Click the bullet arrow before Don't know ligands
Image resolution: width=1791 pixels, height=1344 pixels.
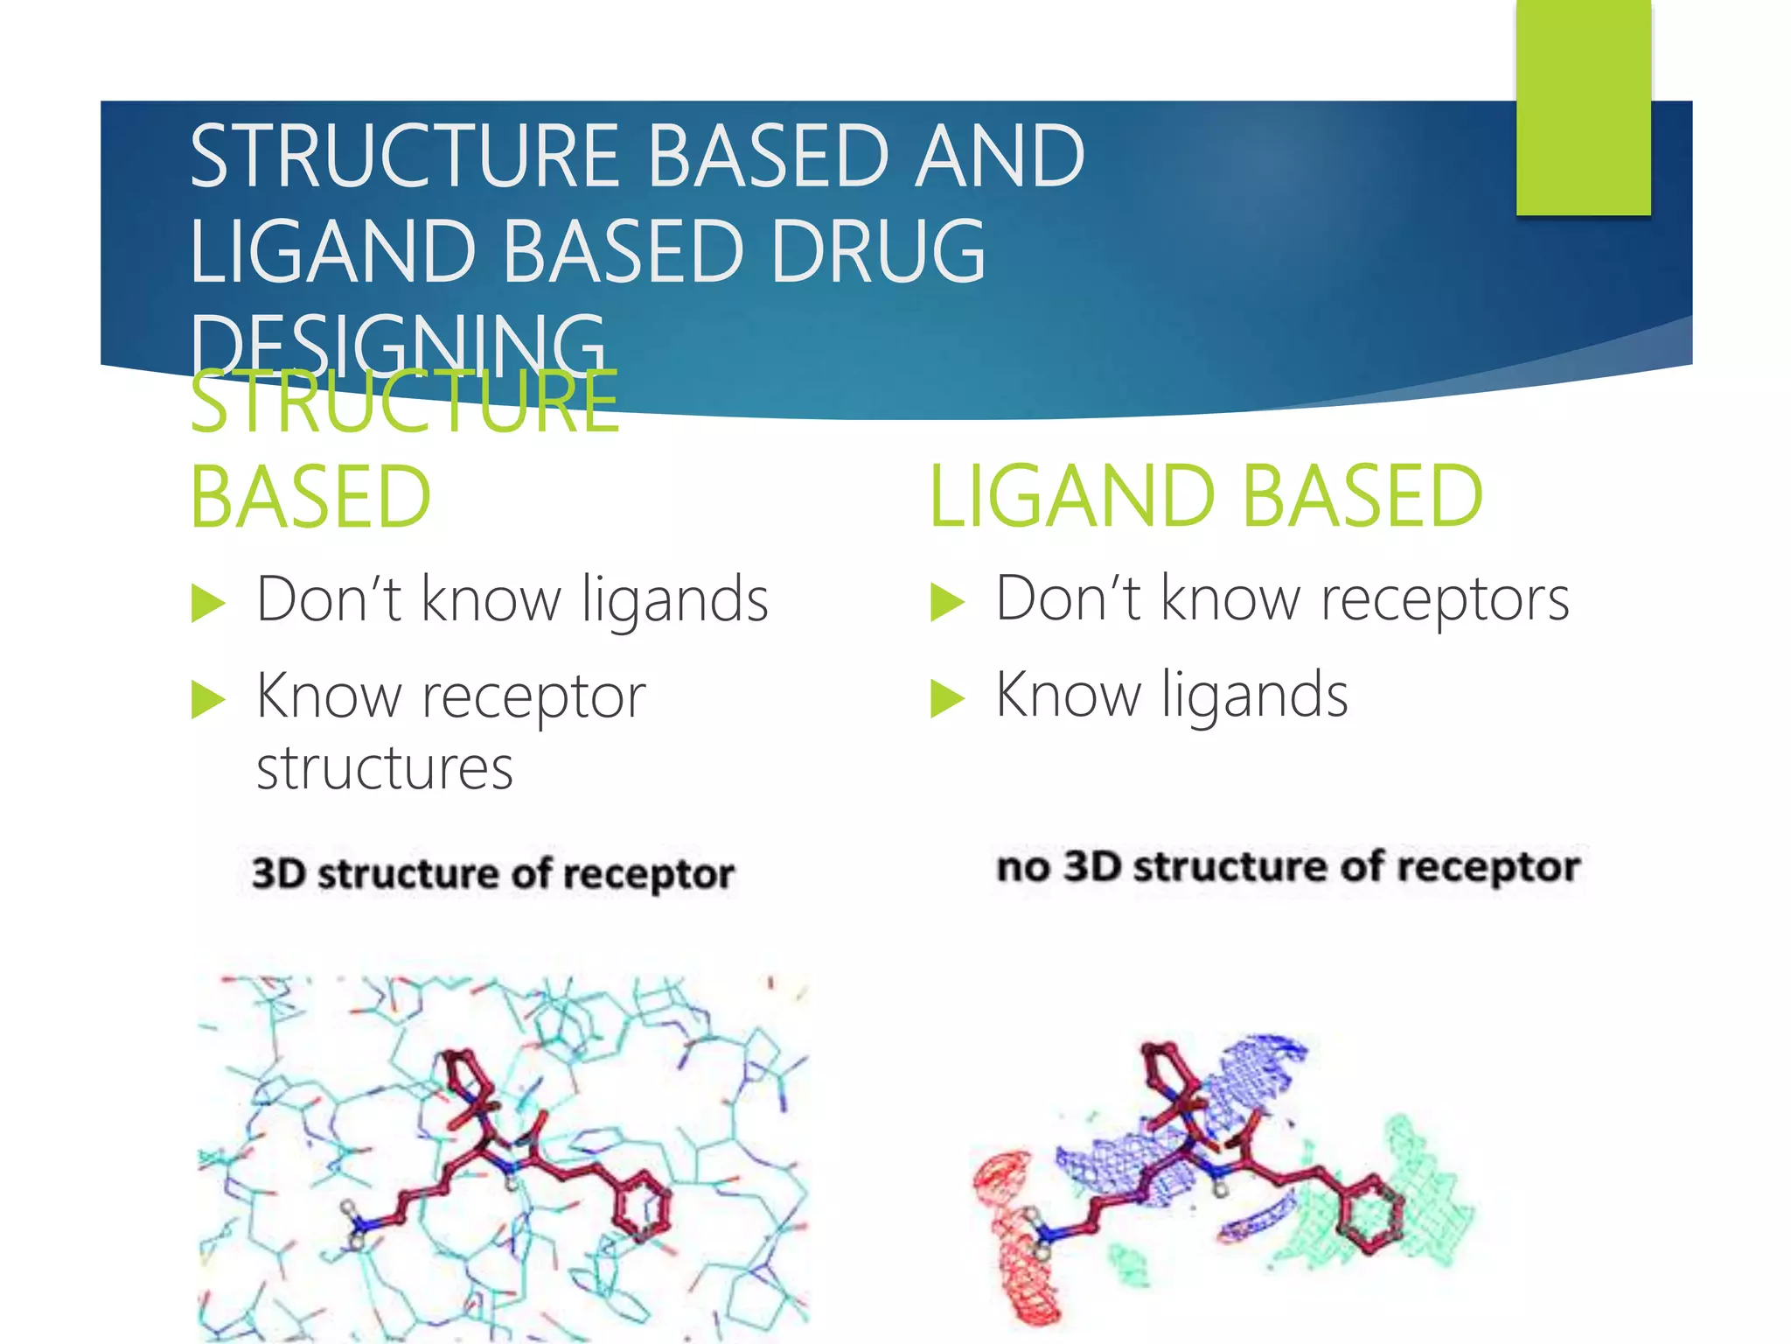coord(207,603)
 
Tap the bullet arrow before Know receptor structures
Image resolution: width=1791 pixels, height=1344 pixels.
coord(207,699)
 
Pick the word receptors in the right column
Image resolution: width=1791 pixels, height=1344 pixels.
coord(1445,600)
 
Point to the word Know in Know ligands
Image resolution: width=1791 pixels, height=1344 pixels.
coord(1068,696)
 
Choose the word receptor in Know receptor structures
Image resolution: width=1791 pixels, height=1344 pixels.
coord(533,697)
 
